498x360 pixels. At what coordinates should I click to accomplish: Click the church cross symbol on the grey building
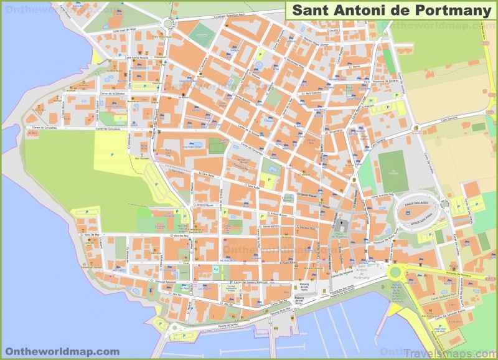(x=341, y=222)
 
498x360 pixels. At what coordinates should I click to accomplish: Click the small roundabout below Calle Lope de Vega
(x=167, y=24)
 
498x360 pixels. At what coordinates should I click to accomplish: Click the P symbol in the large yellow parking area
(x=111, y=154)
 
